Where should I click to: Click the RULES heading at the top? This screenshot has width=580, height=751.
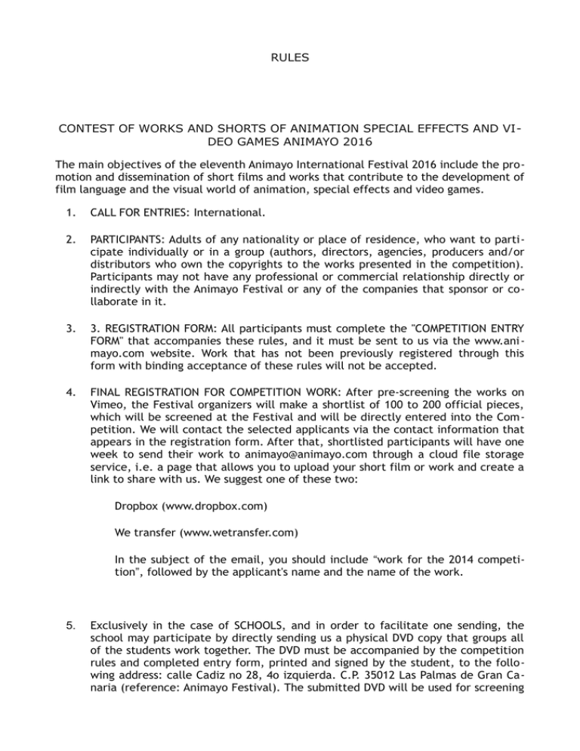pyautogui.click(x=290, y=57)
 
